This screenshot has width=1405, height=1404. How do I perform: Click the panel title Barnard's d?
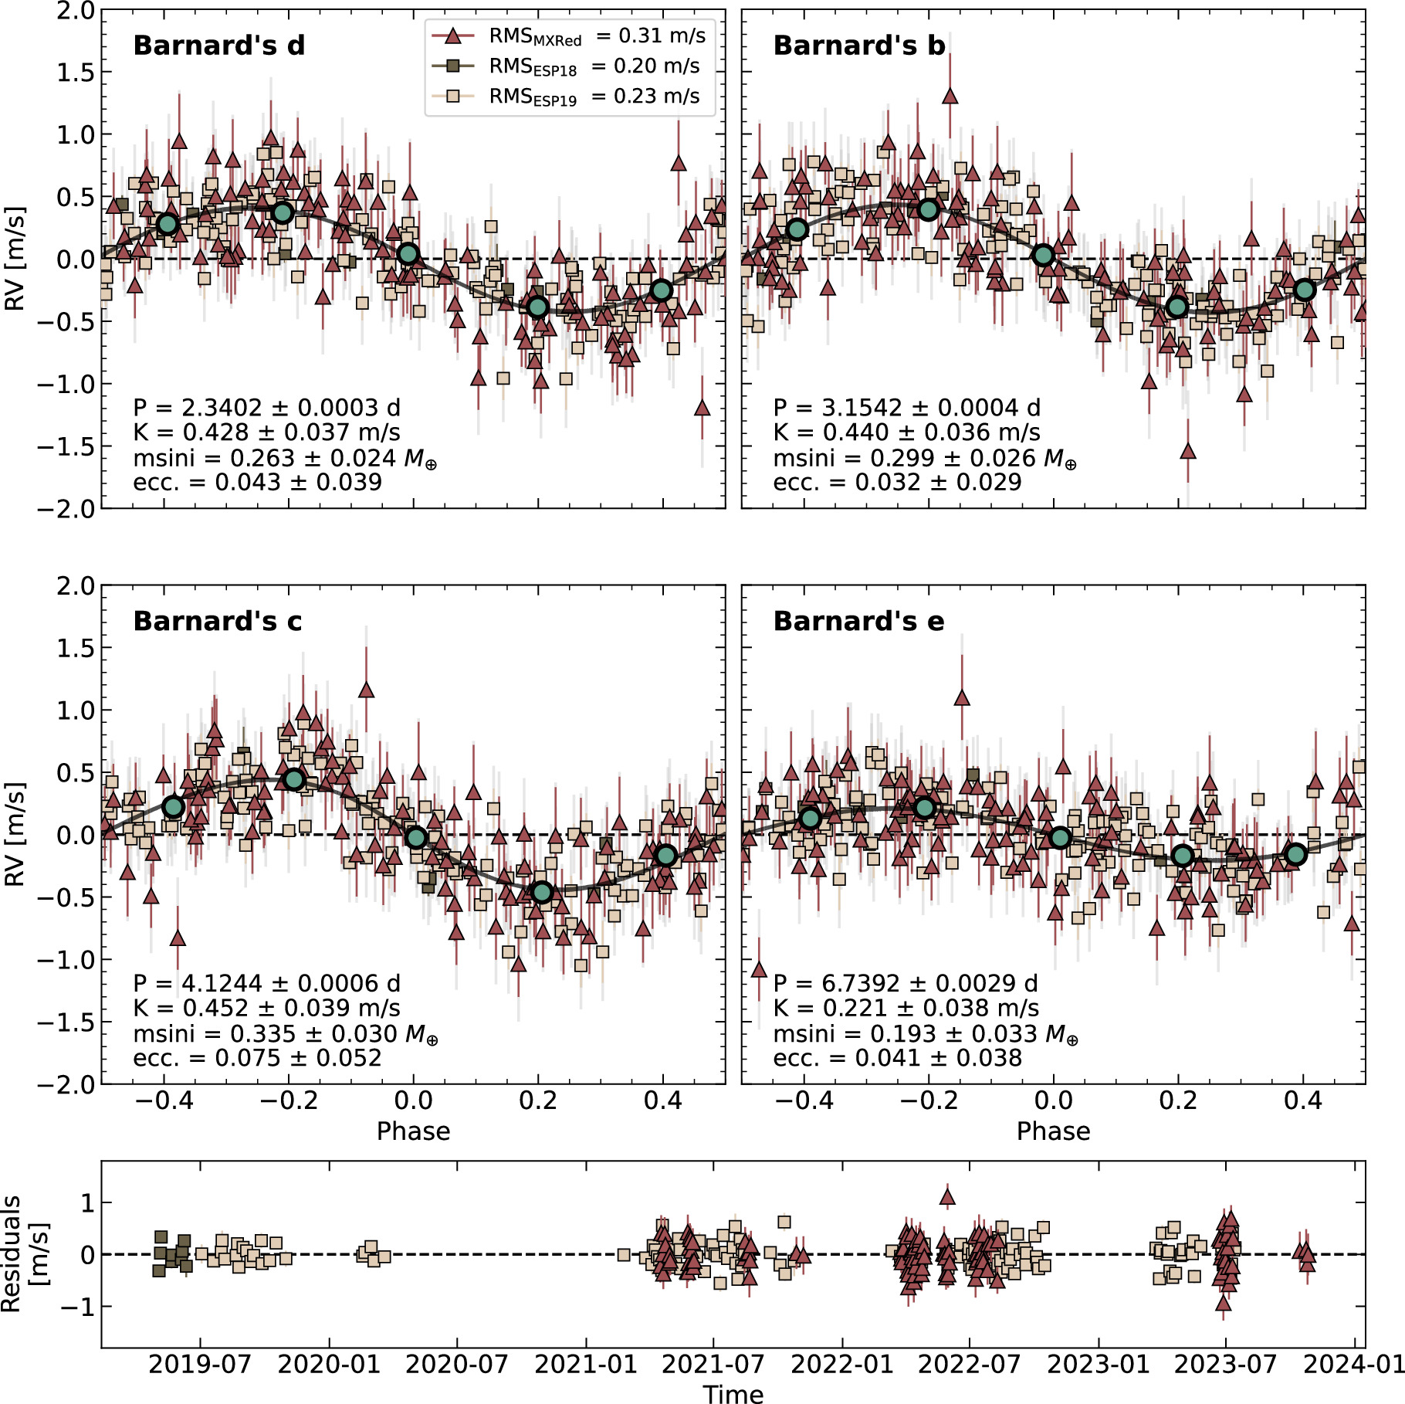click(219, 46)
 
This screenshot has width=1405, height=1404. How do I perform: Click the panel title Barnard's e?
click(858, 621)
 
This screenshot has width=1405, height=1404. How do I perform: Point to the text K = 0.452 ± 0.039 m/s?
click(266, 1008)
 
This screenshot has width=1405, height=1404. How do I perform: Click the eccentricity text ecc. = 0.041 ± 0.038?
click(897, 1057)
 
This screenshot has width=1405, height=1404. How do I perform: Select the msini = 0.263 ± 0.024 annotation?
click(285, 458)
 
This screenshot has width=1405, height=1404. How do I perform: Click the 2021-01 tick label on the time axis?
click(586, 1364)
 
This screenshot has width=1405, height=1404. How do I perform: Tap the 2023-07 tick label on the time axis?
click(1225, 1364)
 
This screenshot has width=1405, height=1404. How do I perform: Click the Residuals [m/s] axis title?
click(23, 1253)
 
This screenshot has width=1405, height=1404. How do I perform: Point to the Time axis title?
click(733, 1392)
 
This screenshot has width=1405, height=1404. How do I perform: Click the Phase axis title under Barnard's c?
click(413, 1131)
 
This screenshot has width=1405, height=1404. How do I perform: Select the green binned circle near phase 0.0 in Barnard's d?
click(408, 254)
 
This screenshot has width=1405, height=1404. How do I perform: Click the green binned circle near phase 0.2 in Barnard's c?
click(542, 892)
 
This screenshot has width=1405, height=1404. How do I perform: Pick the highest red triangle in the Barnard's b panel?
click(950, 97)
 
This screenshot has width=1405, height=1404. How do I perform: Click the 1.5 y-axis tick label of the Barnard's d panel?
click(76, 73)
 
